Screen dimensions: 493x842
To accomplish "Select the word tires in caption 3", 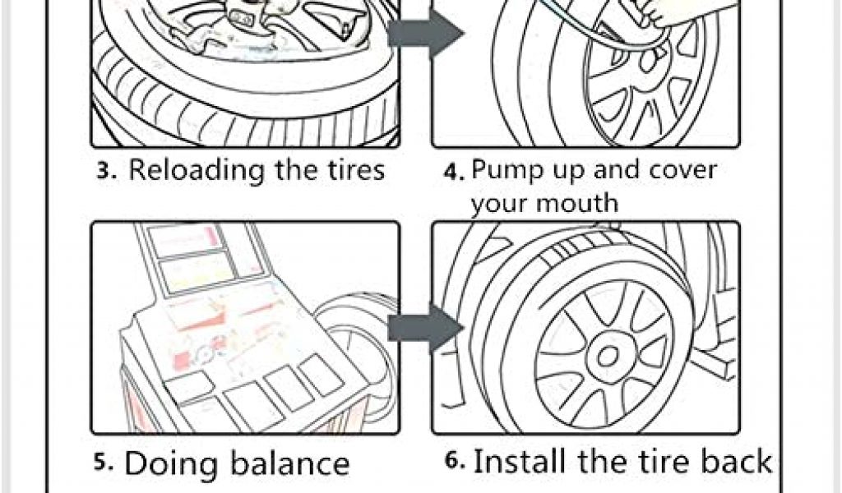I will [349, 170].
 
